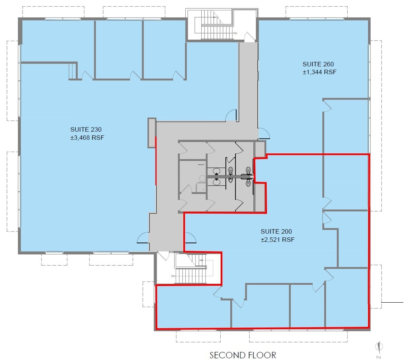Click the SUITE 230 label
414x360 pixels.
86,130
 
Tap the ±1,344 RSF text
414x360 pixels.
319,72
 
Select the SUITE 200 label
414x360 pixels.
276,232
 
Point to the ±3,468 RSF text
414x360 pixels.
87,138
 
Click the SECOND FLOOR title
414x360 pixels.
243,355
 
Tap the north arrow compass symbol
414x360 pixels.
379,347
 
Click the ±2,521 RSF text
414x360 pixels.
277,240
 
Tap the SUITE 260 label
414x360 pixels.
318,64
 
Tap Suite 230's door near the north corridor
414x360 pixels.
231,115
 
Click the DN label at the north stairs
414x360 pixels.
235,33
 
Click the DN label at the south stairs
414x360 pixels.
173,276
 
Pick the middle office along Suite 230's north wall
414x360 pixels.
119,50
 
